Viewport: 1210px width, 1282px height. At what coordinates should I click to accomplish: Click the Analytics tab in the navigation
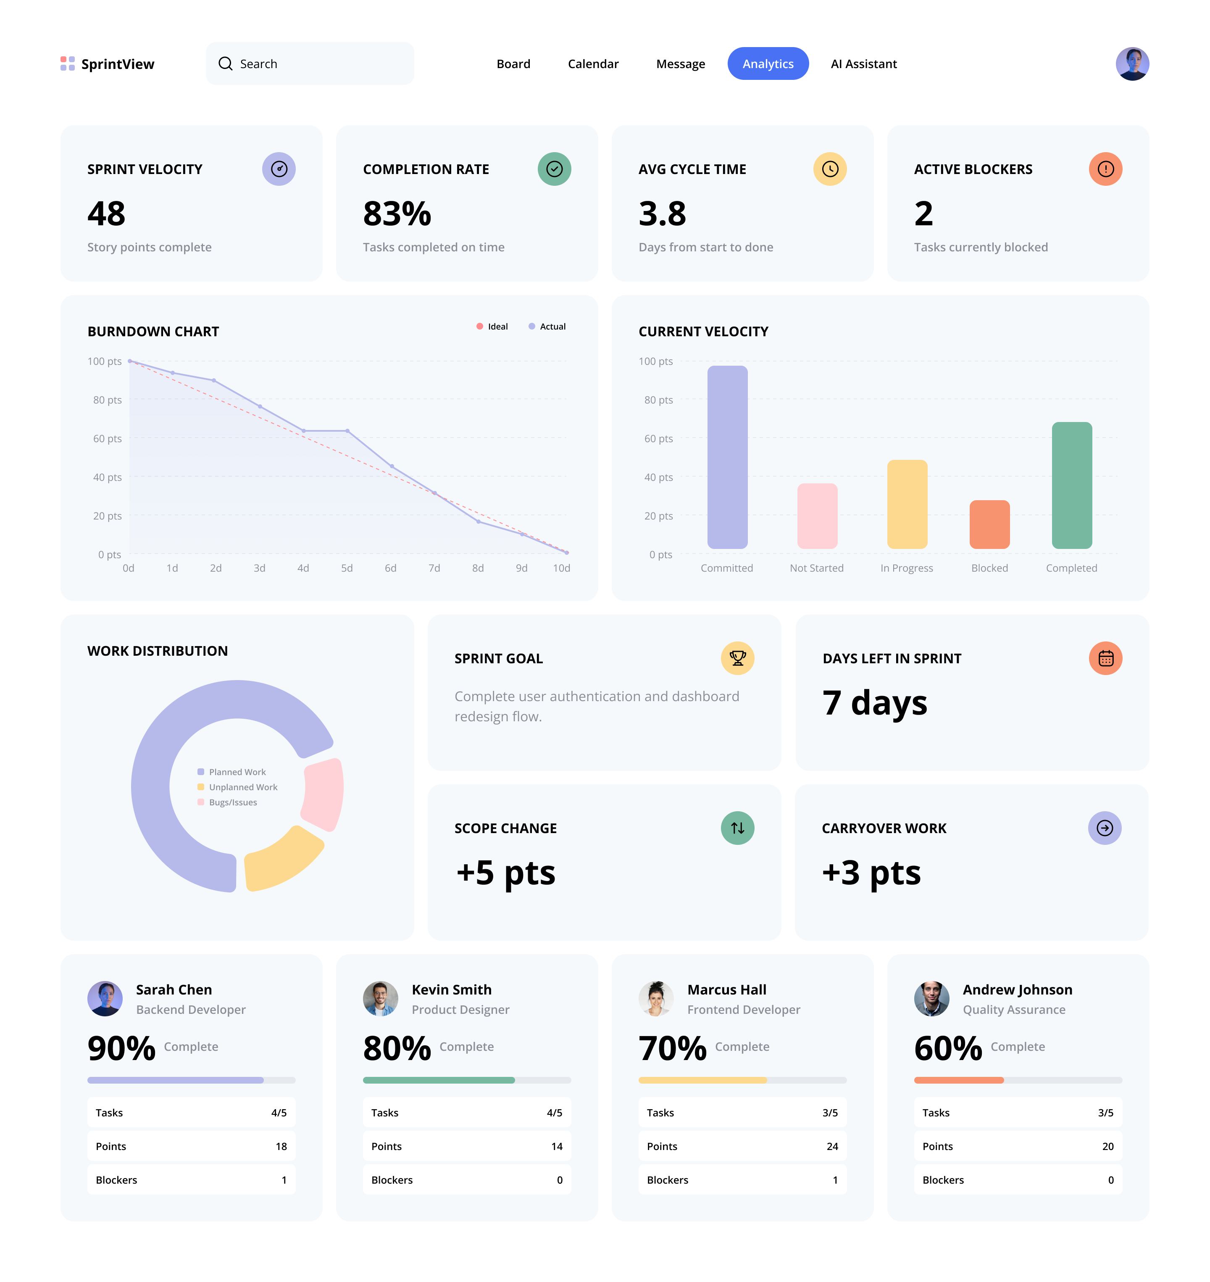(768, 64)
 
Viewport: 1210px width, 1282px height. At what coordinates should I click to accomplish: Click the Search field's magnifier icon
(225, 63)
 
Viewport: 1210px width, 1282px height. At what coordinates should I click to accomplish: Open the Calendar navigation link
(593, 64)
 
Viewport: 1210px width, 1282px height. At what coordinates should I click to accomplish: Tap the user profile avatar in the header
(1132, 64)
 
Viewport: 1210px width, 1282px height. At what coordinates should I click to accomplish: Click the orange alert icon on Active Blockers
(1105, 169)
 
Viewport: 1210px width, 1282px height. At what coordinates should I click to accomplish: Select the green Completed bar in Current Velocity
(1071, 485)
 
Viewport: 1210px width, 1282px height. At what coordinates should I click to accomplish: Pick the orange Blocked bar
(989, 524)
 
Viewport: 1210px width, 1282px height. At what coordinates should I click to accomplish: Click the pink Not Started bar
(817, 515)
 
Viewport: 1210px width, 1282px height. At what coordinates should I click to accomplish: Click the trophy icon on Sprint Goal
(737, 658)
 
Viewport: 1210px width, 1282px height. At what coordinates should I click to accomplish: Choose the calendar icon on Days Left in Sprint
(1105, 658)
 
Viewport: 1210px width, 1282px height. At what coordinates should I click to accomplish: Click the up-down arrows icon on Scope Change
(737, 828)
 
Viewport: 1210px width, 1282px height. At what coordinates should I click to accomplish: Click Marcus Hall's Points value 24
(832, 1146)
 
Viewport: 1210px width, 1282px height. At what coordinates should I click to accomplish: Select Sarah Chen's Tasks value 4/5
(279, 1112)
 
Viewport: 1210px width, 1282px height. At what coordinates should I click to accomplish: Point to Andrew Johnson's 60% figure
(947, 1048)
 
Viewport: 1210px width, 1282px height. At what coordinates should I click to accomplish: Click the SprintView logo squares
(68, 63)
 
